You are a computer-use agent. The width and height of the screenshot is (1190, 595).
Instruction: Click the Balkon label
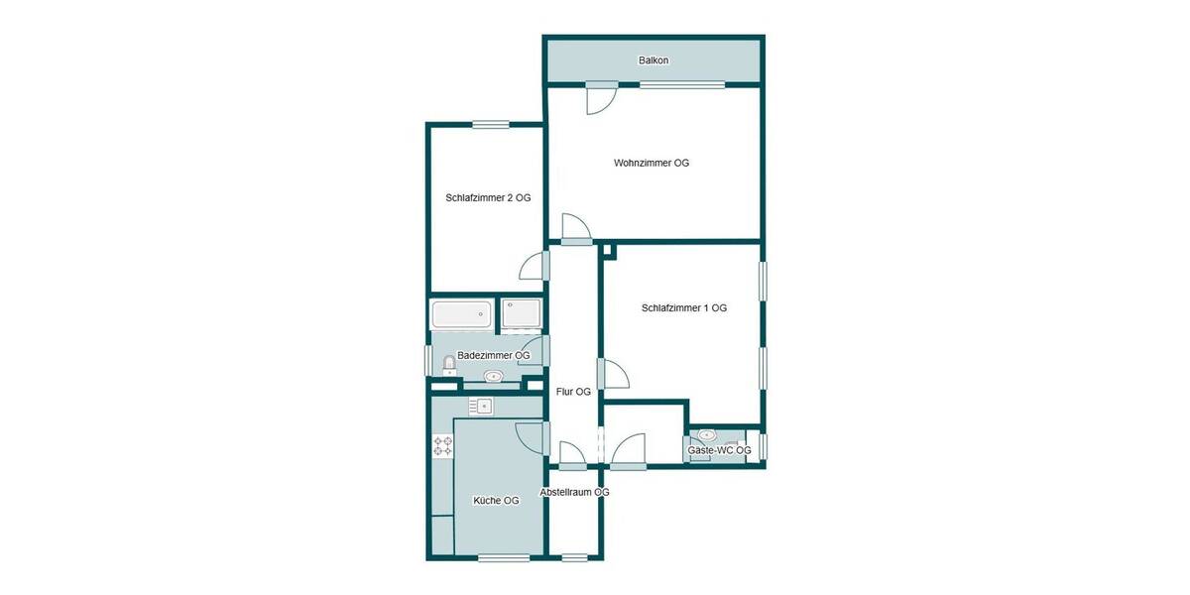(653, 60)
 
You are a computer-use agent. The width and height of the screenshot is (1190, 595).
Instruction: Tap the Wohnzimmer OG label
(651, 163)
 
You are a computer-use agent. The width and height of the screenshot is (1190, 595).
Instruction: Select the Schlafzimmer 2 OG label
(488, 197)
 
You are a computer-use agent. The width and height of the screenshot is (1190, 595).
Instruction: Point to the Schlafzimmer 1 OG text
(684, 307)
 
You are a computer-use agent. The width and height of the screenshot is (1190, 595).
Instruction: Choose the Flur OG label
(573, 392)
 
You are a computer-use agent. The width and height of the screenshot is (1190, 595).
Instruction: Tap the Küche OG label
(496, 501)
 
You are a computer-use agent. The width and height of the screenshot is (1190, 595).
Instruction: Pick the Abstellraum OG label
(574, 492)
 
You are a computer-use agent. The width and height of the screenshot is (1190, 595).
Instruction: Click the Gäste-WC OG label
(719, 450)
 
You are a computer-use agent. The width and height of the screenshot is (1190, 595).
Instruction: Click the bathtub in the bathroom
(461, 315)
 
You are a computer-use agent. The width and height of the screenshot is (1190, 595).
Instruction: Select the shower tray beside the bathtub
(522, 315)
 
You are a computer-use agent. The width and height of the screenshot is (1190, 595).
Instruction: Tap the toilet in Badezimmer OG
(448, 364)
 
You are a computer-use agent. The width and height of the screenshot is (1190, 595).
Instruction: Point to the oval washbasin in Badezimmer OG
(493, 376)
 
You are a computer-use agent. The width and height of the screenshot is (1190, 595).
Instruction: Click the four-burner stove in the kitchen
(442, 446)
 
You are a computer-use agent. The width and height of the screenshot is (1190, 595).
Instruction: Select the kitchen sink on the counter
(481, 405)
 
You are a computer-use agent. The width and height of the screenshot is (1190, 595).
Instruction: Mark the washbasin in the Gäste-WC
(708, 435)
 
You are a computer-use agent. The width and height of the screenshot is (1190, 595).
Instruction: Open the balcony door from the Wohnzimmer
(601, 96)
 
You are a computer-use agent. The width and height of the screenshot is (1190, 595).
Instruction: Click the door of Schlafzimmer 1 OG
(614, 374)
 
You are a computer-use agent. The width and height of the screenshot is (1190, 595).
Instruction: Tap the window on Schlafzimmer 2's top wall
(490, 124)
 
